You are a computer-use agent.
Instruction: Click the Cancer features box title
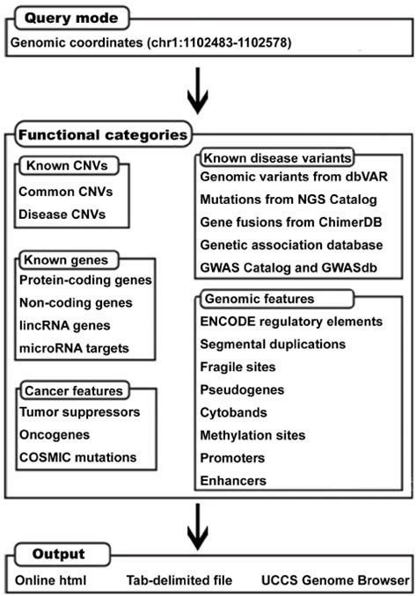[x=74, y=389]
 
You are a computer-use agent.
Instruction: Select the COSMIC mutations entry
[x=77, y=456]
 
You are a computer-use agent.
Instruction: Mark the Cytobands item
[x=232, y=412]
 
